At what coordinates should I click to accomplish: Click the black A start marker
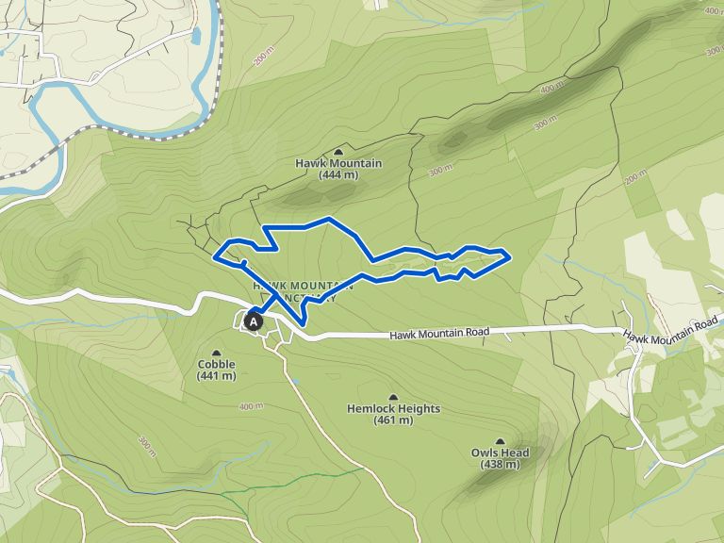(x=253, y=321)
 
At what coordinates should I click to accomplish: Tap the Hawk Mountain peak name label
(x=338, y=163)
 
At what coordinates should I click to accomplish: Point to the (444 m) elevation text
(x=338, y=174)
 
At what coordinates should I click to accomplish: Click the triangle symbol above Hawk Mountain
(x=338, y=152)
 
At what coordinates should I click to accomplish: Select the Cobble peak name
(x=217, y=364)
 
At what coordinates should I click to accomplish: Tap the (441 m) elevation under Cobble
(x=217, y=375)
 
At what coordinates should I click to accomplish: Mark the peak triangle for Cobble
(x=217, y=353)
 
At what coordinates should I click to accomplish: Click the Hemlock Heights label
(x=393, y=409)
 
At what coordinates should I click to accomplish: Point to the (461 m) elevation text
(x=393, y=420)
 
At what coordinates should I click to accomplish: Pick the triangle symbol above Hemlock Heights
(x=393, y=397)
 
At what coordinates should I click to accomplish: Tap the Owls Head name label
(x=500, y=452)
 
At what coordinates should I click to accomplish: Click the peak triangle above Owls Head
(x=500, y=441)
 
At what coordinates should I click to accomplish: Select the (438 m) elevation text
(x=500, y=464)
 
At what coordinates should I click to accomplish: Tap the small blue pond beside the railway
(x=196, y=37)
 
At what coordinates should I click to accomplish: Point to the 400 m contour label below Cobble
(x=251, y=407)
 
